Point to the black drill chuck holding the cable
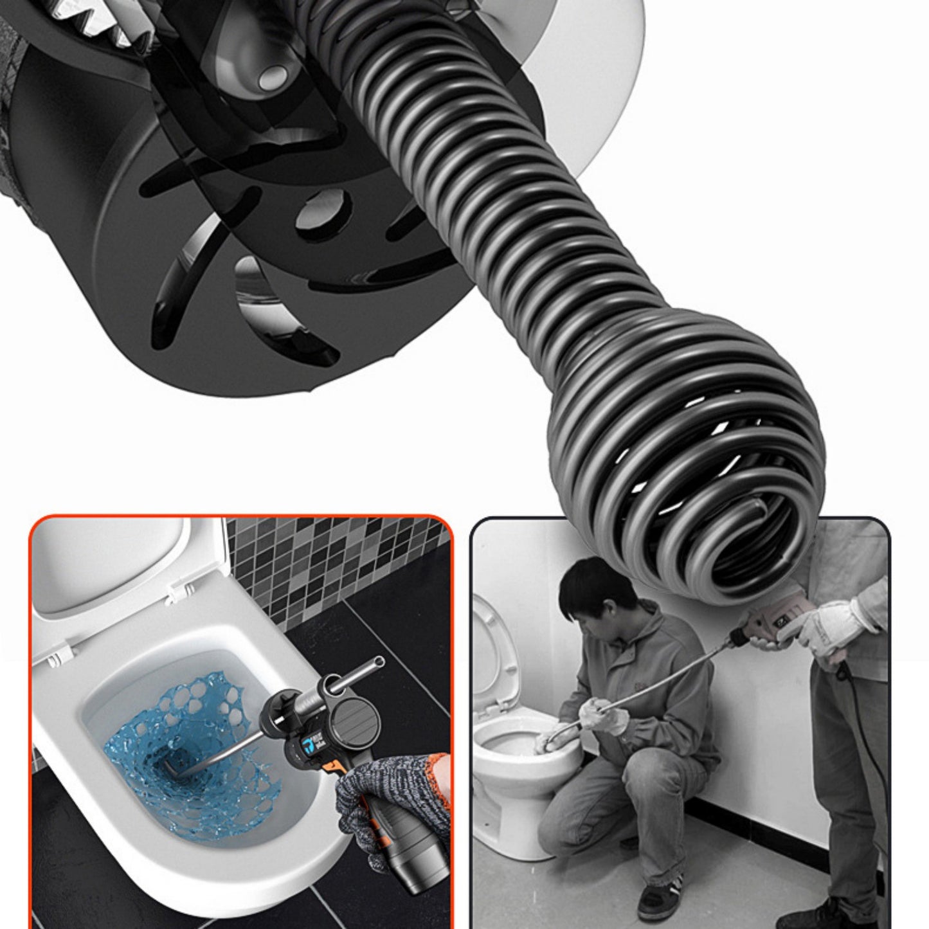[x=739, y=636]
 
